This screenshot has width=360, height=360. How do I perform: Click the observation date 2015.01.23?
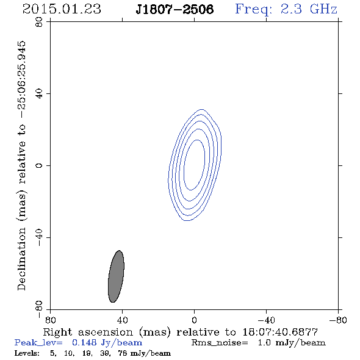[x=62, y=9]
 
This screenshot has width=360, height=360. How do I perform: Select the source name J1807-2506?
[x=175, y=10]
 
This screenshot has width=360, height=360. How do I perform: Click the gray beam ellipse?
[x=116, y=276]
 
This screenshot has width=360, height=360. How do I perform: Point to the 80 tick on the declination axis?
[x=39, y=22]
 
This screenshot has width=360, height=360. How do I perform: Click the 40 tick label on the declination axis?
[x=39, y=94]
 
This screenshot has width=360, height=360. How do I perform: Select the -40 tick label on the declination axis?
[x=39, y=237]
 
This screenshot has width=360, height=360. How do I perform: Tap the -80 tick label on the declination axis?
[x=39, y=309]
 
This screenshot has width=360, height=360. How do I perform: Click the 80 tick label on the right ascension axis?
[x=50, y=320]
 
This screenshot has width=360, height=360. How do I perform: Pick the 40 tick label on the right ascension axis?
[x=122, y=320]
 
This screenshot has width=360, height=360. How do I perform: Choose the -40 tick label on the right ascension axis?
[x=266, y=320]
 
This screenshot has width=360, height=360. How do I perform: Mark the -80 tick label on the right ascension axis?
[x=338, y=320]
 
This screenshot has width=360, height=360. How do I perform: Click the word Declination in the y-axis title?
[x=21, y=259]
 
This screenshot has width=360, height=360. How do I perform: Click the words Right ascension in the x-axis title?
[x=88, y=332]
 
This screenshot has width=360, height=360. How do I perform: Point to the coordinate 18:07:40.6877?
[x=280, y=332]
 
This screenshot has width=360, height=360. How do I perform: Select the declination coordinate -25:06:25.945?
[x=21, y=80]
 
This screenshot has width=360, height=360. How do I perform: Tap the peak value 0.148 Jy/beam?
[x=107, y=343]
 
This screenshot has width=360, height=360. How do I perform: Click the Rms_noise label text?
[x=220, y=343]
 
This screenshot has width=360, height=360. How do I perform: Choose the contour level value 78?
[x=123, y=353]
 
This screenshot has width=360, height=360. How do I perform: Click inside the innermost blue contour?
[x=194, y=165]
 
